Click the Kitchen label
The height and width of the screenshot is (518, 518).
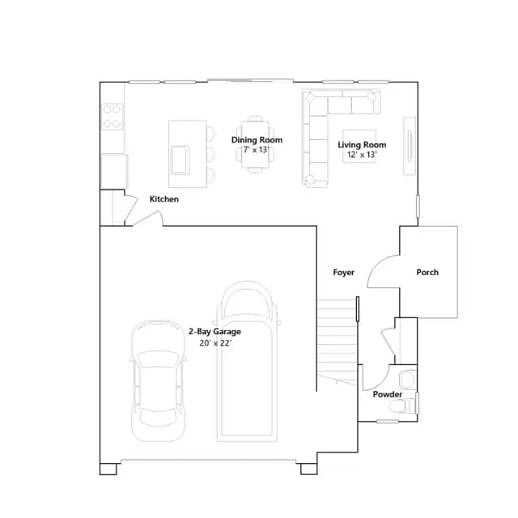coord(164,199)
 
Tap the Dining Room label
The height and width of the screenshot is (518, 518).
coord(257,140)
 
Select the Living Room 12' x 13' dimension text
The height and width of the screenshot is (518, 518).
coord(362,155)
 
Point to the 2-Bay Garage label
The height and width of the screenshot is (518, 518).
coord(214,331)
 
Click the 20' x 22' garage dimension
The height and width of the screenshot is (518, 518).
coord(215,343)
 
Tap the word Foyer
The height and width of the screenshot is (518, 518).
coord(343,272)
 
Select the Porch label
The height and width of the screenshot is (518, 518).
coord(427,272)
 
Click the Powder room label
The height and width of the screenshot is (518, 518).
coord(388,394)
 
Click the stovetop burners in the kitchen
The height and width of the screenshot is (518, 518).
coord(112,117)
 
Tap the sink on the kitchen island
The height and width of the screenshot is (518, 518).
coord(180,159)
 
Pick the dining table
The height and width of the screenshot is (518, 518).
coord(255,145)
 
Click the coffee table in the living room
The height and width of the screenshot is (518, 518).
coord(359,146)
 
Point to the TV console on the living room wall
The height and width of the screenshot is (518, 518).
coord(410,146)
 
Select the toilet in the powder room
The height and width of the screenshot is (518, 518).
coord(402,406)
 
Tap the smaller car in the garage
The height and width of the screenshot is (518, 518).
coord(158,380)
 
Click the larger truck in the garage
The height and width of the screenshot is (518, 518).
coord(247,362)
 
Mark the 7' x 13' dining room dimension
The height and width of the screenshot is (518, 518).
coord(257,150)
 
